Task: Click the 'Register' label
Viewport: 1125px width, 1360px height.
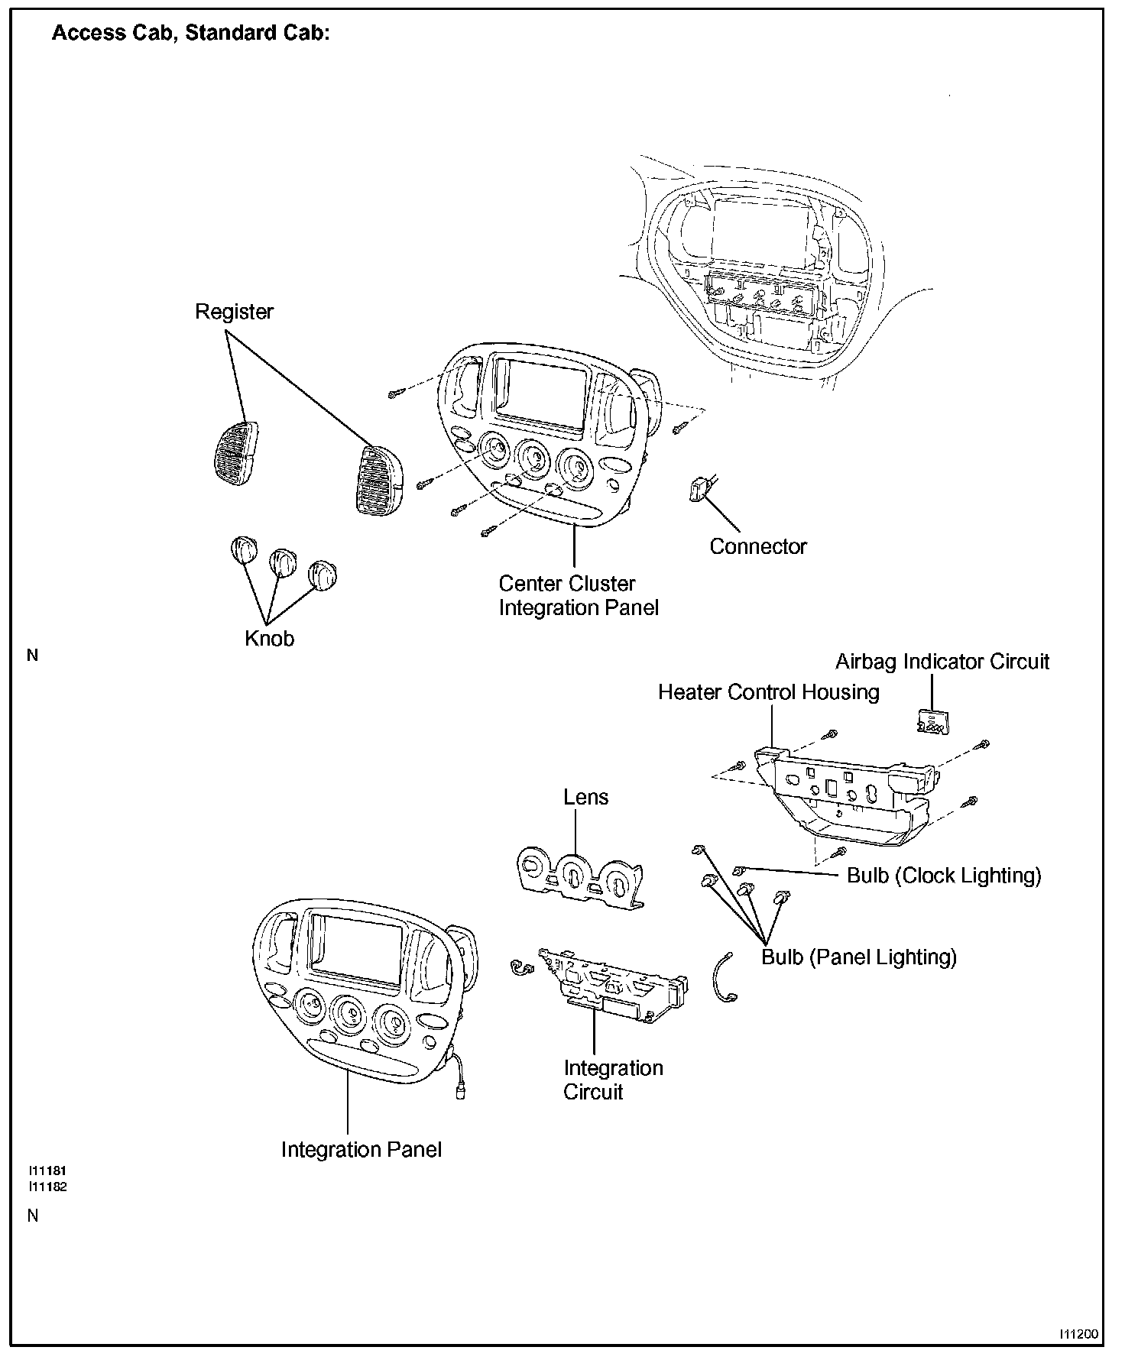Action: pyautogui.click(x=234, y=312)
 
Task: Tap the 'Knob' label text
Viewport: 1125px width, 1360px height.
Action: pyautogui.click(x=269, y=639)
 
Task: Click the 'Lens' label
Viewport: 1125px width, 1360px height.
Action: pyautogui.click(x=585, y=798)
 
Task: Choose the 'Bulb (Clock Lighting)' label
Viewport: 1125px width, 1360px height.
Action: pyautogui.click(x=944, y=876)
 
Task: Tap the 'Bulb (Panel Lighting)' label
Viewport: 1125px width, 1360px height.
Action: pyautogui.click(x=859, y=957)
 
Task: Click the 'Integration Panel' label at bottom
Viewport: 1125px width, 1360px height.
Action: pyautogui.click(x=361, y=1150)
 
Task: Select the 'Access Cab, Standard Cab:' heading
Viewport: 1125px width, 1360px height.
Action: pyautogui.click(x=190, y=34)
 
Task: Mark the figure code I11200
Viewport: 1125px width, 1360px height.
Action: pyautogui.click(x=1078, y=1334)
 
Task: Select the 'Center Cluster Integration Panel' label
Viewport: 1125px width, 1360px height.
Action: pyautogui.click(x=578, y=596)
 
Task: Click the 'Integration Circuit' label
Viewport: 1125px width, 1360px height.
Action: pyautogui.click(x=612, y=1080)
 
